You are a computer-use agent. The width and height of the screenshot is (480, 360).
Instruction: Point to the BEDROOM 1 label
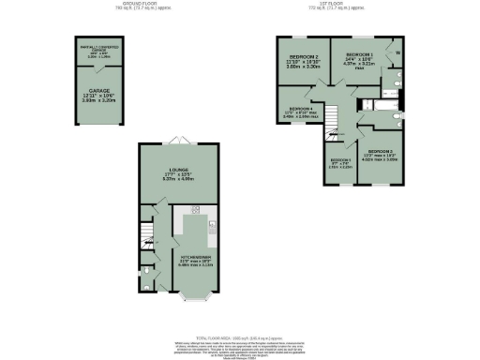[x=360, y=55]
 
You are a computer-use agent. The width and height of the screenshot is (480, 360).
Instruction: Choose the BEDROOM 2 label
[x=303, y=58]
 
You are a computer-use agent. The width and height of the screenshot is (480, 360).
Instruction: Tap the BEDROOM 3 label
[x=380, y=152]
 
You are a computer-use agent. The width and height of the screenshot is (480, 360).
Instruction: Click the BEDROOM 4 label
[x=302, y=109]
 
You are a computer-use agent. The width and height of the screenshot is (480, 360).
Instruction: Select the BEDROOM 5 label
[x=339, y=160]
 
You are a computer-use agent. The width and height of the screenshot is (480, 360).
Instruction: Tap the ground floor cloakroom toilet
[x=145, y=278]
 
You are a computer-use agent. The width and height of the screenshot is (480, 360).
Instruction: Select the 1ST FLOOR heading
[x=338, y=4]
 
